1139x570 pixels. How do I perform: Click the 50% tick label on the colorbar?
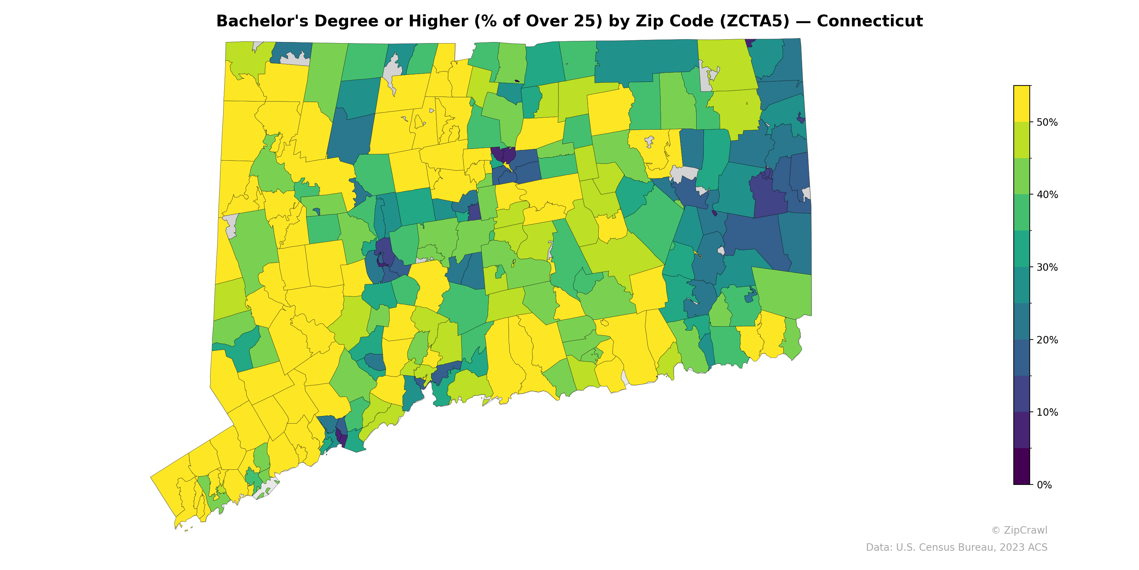point(1047,123)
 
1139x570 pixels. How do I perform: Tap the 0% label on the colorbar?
point(1044,485)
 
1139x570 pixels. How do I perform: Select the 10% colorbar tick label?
point(1047,413)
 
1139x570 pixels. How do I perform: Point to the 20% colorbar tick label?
point(1047,340)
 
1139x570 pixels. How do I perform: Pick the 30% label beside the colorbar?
point(1047,267)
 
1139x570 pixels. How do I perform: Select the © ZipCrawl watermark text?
point(1019,530)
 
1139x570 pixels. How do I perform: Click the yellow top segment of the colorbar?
point(1022,104)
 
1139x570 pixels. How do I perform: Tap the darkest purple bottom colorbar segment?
point(1022,466)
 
